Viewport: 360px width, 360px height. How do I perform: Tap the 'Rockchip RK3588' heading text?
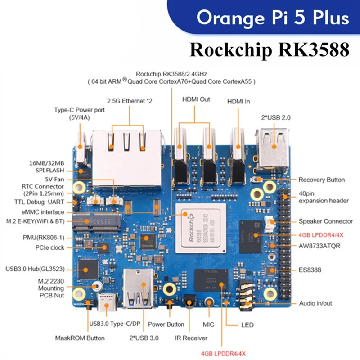(x=269, y=49)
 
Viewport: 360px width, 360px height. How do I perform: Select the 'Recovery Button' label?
(x=321, y=180)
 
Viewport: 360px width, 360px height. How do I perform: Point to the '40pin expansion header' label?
(x=323, y=197)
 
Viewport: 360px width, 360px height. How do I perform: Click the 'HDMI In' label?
(x=241, y=102)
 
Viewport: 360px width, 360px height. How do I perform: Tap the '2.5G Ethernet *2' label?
(x=130, y=101)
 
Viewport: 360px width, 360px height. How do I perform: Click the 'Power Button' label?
(x=166, y=324)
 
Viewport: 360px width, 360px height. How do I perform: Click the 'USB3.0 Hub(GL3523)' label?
(x=35, y=269)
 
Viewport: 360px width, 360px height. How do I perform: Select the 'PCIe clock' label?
(x=50, y=247)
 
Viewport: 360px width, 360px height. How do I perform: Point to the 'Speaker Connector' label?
(x=325, y=221)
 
